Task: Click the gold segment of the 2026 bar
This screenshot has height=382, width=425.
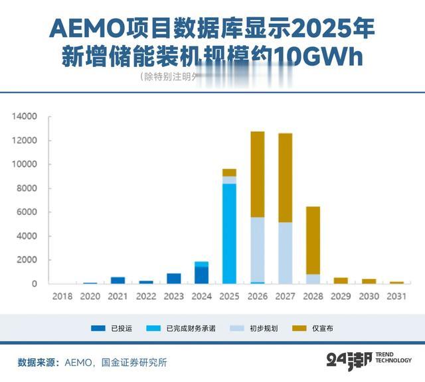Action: (257, 174)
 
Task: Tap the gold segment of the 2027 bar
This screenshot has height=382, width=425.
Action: (285, 178)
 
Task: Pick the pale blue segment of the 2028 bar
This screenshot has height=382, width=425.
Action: (313, 279)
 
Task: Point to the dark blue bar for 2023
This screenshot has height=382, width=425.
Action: (173, 279)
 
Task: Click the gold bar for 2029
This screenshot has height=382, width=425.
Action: (341, 281)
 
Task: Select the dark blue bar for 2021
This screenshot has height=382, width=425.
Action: (118, 280)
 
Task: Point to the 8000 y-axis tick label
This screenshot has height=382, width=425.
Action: (27, 188)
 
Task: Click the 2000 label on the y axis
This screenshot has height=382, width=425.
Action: (27, 260)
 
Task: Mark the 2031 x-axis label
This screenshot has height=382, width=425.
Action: (396, 296)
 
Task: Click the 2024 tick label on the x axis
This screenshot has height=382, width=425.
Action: (201, 296)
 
